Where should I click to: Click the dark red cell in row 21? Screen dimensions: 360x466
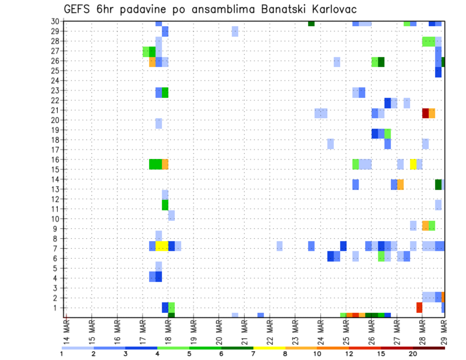coord(425,113)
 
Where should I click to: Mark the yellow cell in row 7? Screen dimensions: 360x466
coord(162,246)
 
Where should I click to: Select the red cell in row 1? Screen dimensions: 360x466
coord(419,308)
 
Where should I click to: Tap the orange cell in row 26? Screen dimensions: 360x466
coord(152,62)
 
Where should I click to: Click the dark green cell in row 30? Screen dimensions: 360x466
coord(311,23)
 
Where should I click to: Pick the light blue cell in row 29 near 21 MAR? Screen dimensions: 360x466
coord(235,32)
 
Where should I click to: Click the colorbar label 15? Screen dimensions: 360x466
coord(381,354)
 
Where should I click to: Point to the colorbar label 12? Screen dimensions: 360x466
coord(349,354)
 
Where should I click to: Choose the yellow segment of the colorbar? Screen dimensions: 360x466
coord(269,348)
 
